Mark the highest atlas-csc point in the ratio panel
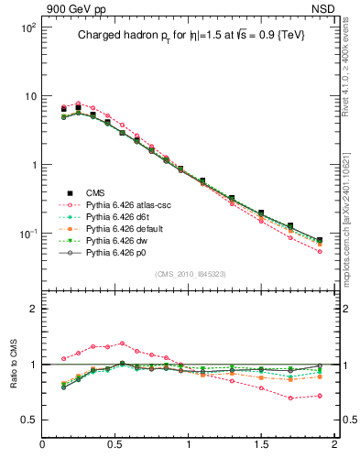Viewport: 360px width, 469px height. (123, 344)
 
